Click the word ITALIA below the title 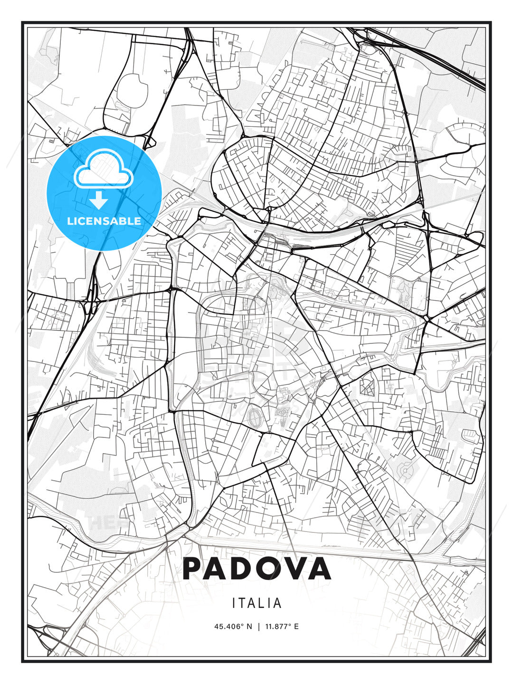(256, 603)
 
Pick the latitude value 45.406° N (233, 627)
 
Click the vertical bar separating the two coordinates (259, 627)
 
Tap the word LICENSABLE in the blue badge (104, 221)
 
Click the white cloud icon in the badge (103, 170)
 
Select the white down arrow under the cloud (99, 200)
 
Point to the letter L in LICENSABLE (70, 221)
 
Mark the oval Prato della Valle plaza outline (255, 418)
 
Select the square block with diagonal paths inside (367, 387)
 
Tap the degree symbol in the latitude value (244, 625)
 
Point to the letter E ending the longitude (296, 627)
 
